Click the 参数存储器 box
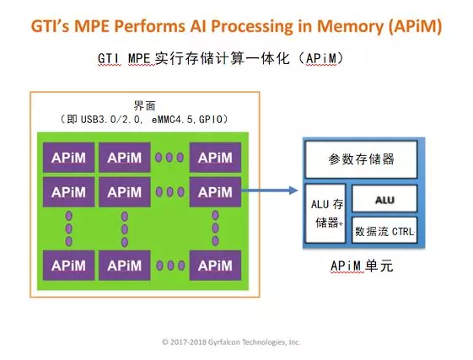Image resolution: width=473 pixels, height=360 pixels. click(360, 159)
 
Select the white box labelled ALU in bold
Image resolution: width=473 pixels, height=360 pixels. click(383, 198)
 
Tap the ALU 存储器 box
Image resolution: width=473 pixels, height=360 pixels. click(324, 213)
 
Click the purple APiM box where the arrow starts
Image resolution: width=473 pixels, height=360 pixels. click(214, 192)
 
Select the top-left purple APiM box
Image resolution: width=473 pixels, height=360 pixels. click(67, 157)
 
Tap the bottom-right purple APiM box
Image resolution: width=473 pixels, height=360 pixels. click(214, 266)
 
